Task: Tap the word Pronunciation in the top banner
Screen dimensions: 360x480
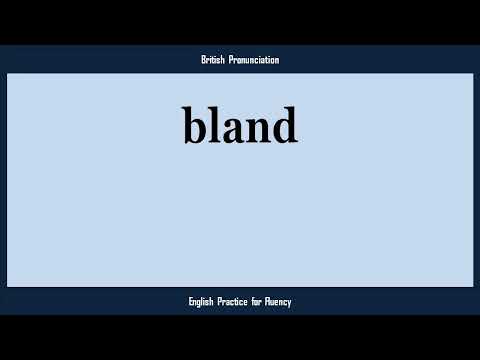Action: click(x=253, y=60)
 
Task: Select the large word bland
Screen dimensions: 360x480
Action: click(x=240, y=126)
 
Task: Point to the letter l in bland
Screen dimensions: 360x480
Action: click(x=214, y=125)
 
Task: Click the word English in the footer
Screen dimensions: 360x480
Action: click(x=204, y=301)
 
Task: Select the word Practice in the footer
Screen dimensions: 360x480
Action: click(x=241, y=301)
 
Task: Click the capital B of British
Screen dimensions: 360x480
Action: click(x=203, y=60)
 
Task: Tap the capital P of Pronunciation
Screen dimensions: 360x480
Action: click(x=230, y=60)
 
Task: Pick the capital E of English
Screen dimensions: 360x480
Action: click(x=191, y=301)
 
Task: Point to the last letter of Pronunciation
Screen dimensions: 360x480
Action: click(x=277, y=61)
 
